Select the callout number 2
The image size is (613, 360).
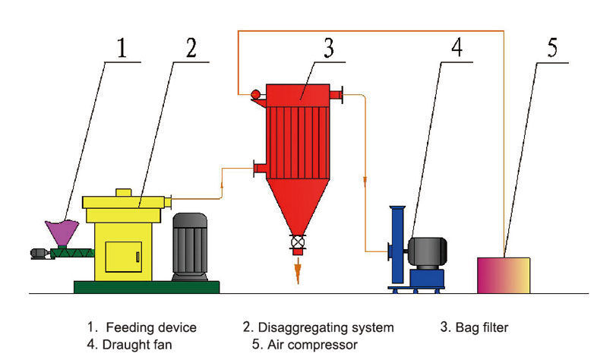coord(191,48)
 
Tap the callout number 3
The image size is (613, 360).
coord(328,48)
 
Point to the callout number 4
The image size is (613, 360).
coord(456,48)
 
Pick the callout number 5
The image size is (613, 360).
coord(552,48)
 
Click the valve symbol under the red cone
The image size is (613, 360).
coord(298,244)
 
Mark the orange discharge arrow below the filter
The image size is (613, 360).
coord(298,270)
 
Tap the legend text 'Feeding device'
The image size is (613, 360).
coord(151,328)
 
